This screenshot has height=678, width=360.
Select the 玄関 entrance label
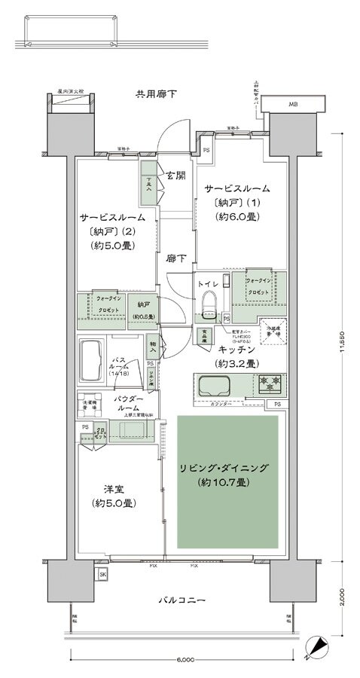[175, 176]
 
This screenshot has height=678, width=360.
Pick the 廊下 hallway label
[177, 258]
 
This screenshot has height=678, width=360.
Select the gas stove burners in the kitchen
[269, 385]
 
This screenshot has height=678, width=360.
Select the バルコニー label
[182, 600]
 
